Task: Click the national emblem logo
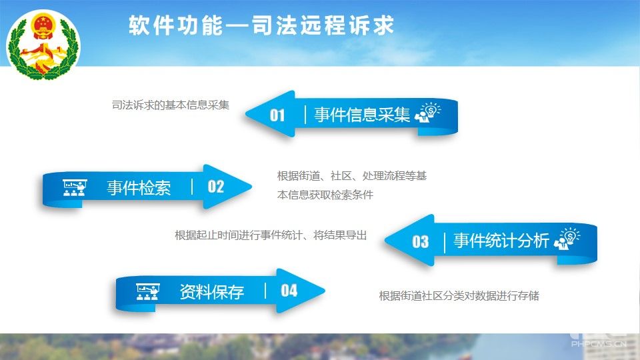pyautogui.click(x=44, y=45)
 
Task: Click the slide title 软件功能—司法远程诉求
pyautogui.click(x=261, y=25)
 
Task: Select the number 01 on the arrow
pyautogui.click(x=277, y=115)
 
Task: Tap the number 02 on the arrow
pyautogui.click(x=216, y=187)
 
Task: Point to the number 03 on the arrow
pyautogui.click(x=421, y=241)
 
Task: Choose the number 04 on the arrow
pyautogui.click(x=289, y=291)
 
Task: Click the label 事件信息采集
pyautogui.click(x=362, y=115)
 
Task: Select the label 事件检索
pyautogui.click(x=139, y=188)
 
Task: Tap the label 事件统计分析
pyautogui.click(x=501, y=241)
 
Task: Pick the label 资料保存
pyautogui.click(x=212, y=292)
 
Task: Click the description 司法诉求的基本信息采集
pyautogui.click(x=171, y=105)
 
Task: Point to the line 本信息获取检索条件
pyautogui.click(x=325, y=195)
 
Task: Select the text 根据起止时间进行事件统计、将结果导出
pyautogui.click(x=271, y=235)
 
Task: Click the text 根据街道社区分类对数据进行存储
pyautogui.click(x=459, y=295)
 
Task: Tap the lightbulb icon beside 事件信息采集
pyautogui.click(x=428, y=112)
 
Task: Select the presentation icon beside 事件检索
pyautogui.click(x=75, y=188)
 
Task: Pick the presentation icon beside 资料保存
pyautogui.click(x=148, y=292)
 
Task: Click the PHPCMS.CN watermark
pyautogui.click(x=599, y=344)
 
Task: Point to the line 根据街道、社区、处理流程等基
pyautogui.click(x=352, y=176)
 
